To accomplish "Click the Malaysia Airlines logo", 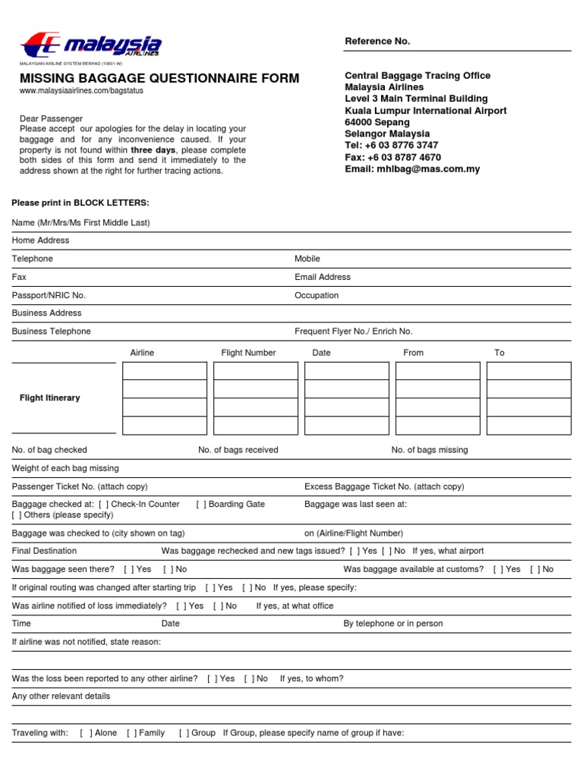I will pyautogui.click(x=90, y=44).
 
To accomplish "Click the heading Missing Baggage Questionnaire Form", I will pyautogui.click(x=159, y=78).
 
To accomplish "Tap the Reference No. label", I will pyautogui.click(x=377, y=41).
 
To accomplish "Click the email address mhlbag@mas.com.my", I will pyautogui.click(x=428, y=169).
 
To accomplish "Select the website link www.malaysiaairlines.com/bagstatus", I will pyautogui.click(x=81, y=90).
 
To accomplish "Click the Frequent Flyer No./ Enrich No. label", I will pyautogui.click(x=354, y=331).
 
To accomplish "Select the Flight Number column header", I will pyautogui.click(x=248, y=353).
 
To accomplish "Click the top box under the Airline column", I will pyautogui.click(x=165, y=371).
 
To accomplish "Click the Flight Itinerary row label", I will pyautogui.click(x=49, y=398).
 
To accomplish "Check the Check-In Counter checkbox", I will pyautogui.click(x=103, y=504).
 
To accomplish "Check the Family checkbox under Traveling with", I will pyautogui.click(x=131, y=733).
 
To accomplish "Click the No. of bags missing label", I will pyautogui.click(x=430, y=450).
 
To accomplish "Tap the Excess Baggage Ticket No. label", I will pyautogui.click(x=383, y=486).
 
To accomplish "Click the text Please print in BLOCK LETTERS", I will pyautogui.click(x=81, y=203).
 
